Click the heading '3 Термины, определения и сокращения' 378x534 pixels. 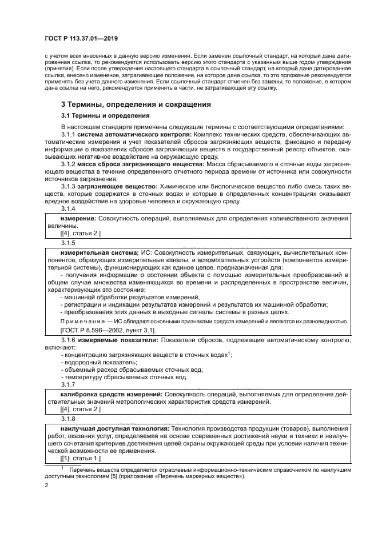[x=136, y=105]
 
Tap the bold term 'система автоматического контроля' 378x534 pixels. [x=129, y=134]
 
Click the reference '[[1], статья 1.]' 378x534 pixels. [x=80, y=459]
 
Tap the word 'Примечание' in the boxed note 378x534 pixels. [x=82, y=322]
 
